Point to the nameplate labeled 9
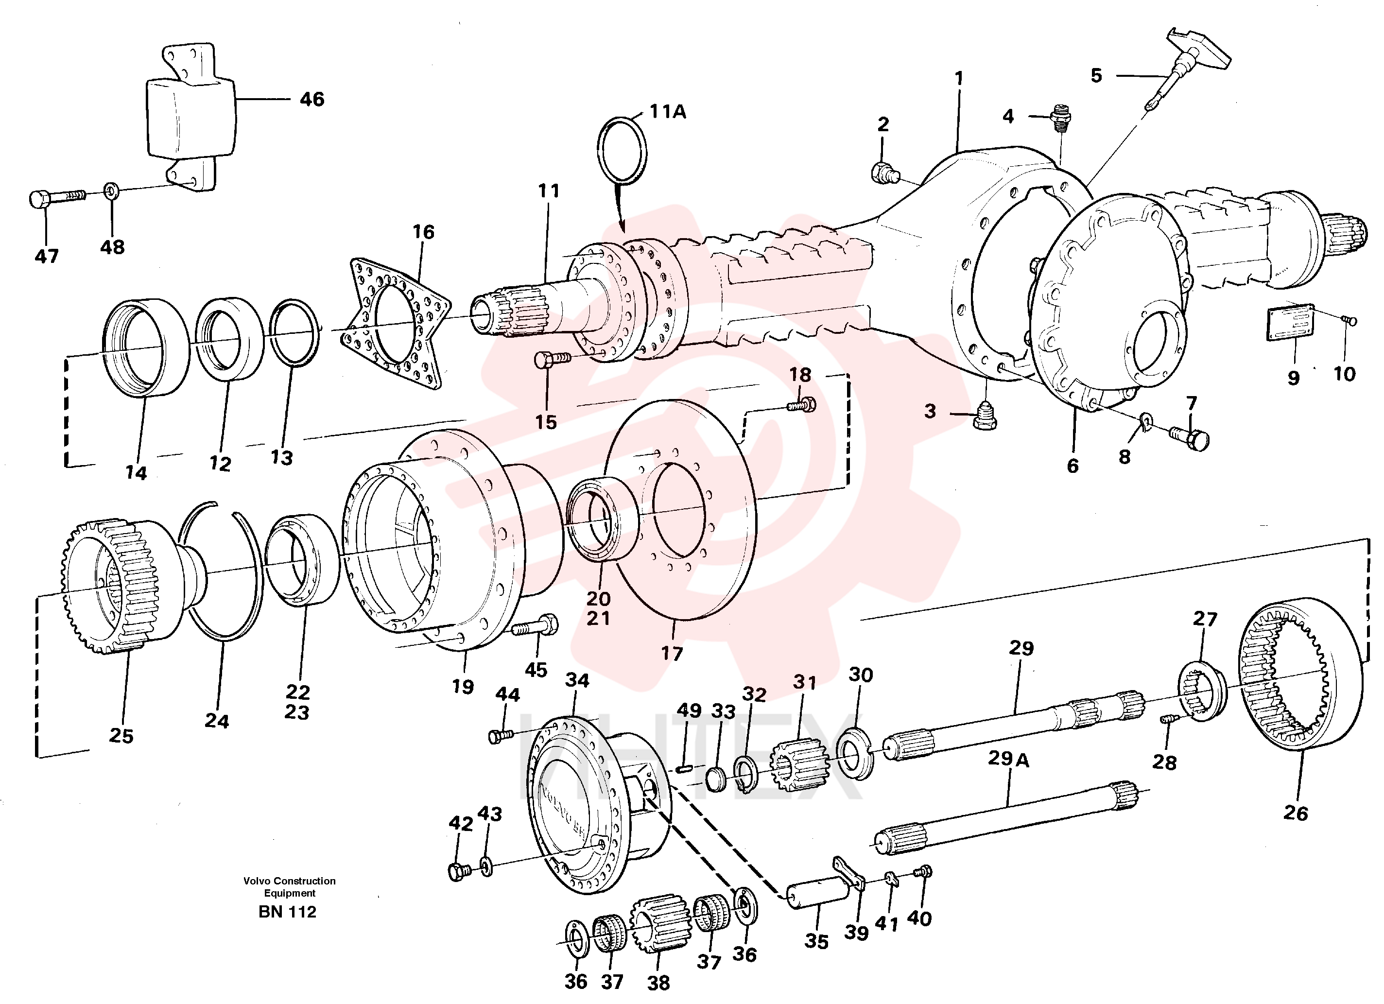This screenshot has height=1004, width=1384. tap(1291, 322)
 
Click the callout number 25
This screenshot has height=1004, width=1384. tap(121, 735)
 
